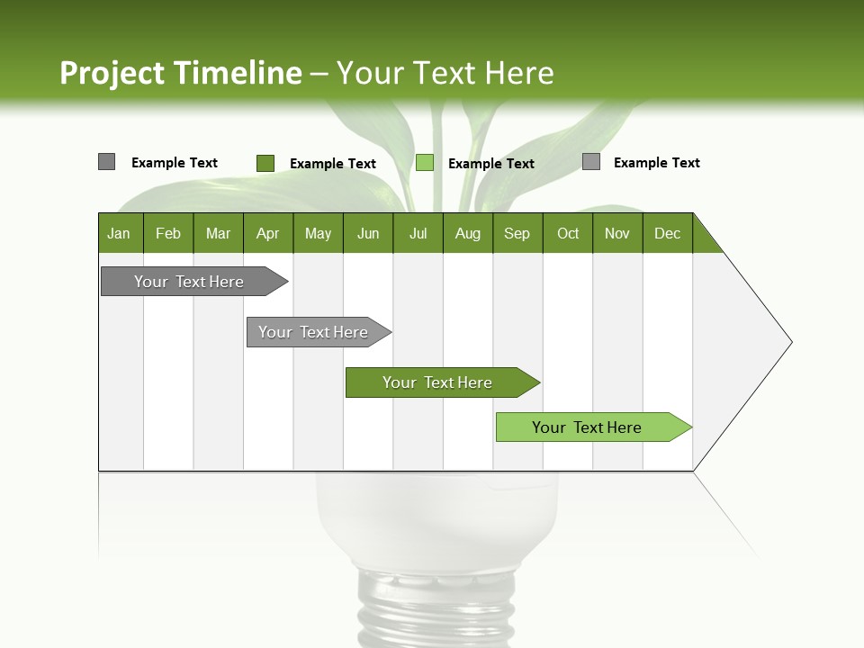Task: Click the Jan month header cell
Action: tap(120, 233)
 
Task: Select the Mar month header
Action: tap(218, 233)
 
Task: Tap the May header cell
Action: tap(318, 233)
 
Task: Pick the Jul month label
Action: tap(418, 233)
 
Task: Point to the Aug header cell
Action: tap(467, 233)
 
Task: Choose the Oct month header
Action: tap(568, 233)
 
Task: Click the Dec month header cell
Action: tap(667, 233)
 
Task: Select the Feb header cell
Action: tap(168, 233)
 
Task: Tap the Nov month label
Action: tap(616, 233)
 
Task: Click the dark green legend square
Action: tap(265, 163)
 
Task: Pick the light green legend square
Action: tap(425, 163)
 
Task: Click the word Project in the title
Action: tap(112, 73)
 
